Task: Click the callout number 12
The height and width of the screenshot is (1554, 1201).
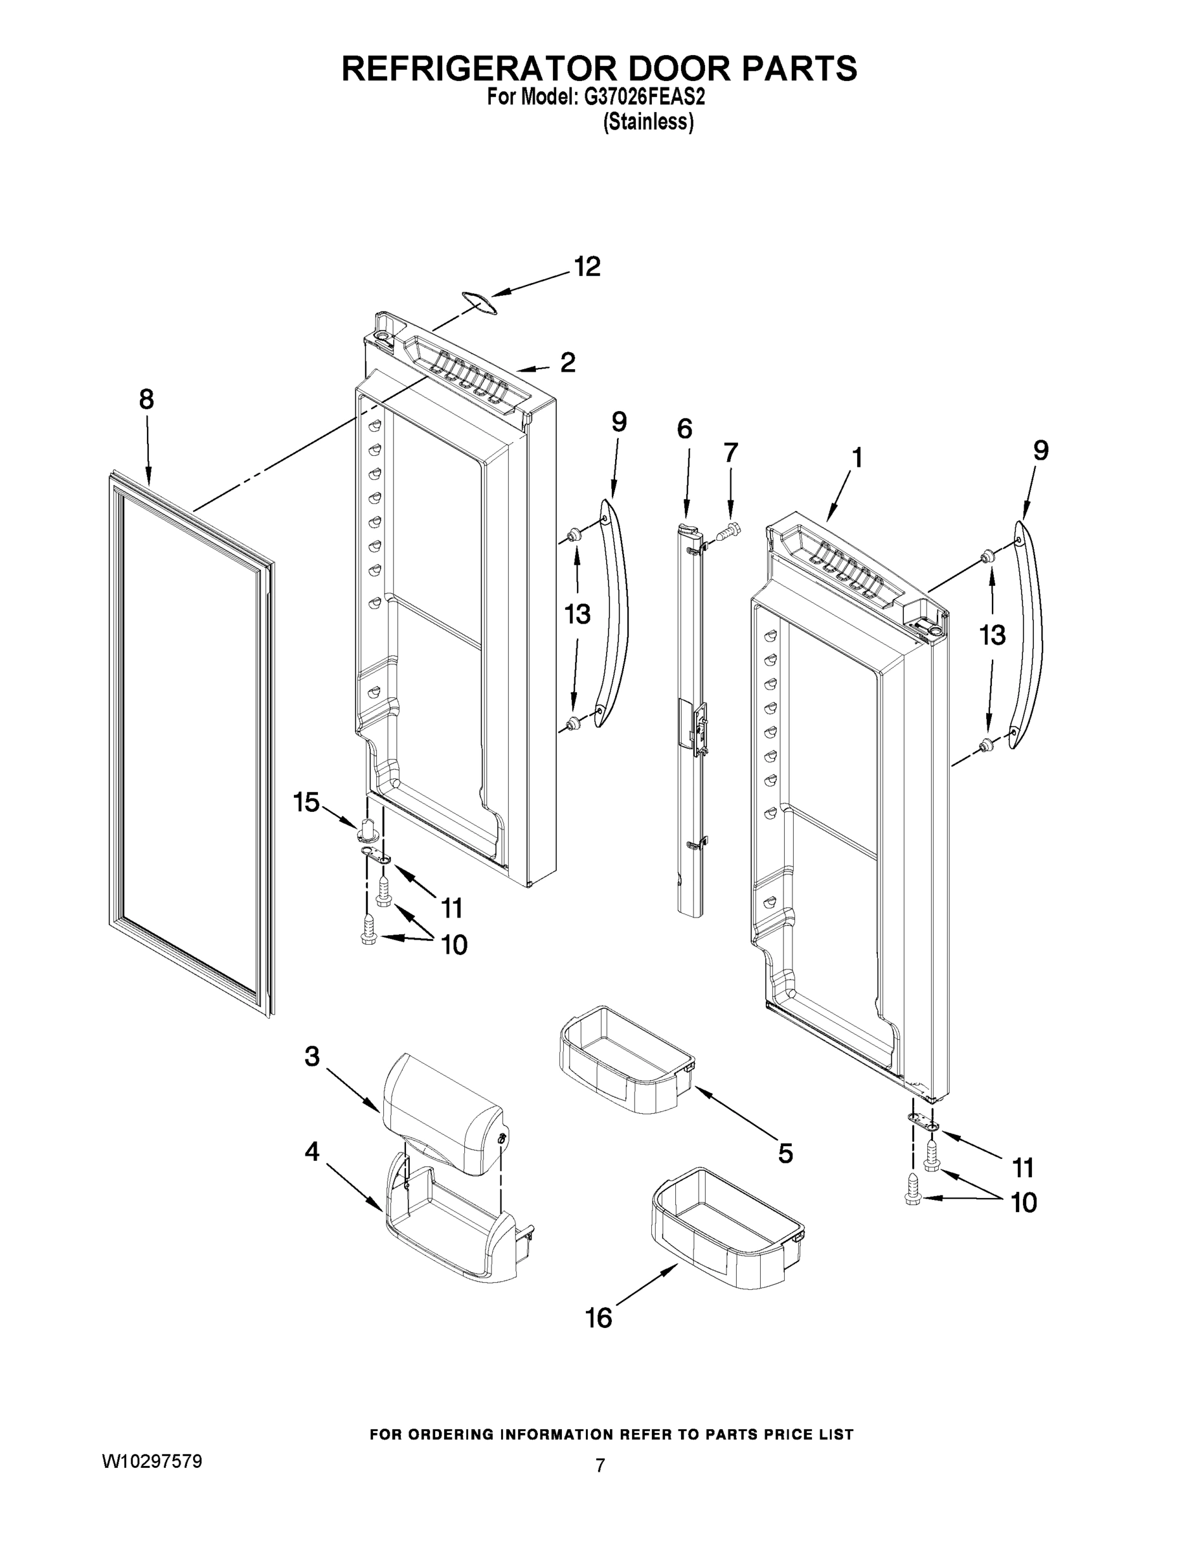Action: [x=587, y=267]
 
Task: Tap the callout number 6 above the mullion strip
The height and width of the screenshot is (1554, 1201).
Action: [x=684, y=429]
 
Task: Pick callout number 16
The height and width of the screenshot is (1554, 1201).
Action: [x=598, y=1318]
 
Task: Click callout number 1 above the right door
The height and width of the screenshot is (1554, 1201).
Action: [x=857, y=458]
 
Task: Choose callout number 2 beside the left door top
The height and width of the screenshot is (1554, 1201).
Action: [x=567, y=362]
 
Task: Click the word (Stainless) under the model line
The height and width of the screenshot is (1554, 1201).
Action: [x=648, y=122]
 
